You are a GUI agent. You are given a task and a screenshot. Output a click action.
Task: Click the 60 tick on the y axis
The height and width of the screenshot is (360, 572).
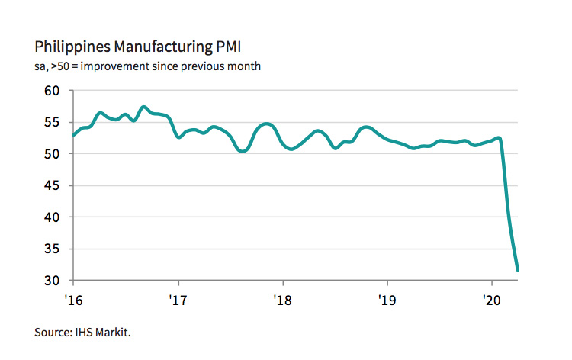pyautogui.click(x=52, y=91)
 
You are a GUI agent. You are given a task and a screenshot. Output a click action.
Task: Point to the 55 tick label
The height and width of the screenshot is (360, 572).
pyautogui.click(x=52, y=122)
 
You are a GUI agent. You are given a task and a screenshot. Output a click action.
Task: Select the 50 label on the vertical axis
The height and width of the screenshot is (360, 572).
pyautogui.click(x=52, y=154)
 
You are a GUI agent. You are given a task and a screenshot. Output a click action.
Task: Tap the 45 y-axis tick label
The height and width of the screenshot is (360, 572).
pyautogui.click(x=52, y=185)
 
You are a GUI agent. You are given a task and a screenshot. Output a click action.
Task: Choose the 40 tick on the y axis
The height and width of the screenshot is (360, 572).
pyautogui.click(x=52, y=217)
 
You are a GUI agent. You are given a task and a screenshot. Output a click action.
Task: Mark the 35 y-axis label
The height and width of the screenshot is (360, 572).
pyautogui.click(x=52, y=249)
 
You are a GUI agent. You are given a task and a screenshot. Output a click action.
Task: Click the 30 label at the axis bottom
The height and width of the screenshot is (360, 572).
pyautogui.click(x=52, y=281)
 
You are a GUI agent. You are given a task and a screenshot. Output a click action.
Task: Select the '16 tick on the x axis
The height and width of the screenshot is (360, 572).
pyautogui.click(x=73, y=300)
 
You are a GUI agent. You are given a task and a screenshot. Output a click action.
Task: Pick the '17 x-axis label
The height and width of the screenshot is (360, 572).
pyautogui.click(x=178, y=300)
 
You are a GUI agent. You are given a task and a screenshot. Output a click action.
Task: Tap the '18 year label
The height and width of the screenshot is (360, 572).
pyautogui.click(x=282, y=300)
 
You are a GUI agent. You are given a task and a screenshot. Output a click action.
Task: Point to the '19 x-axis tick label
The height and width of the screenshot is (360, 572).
pyautogui.click(x=387, y=300)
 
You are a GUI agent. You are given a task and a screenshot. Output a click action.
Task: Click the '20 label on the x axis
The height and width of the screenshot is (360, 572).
pyautogui.click(x=491, y=300)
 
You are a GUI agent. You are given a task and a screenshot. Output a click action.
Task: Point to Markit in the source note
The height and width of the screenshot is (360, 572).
pyautogui.click(x=122, y=332)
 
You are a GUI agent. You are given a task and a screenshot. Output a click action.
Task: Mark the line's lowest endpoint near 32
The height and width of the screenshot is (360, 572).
pyautogui.click(x=518, y=269)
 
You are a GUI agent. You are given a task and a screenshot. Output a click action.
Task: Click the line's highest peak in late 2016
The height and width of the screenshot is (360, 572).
pyautogui.click(x=143, y=107)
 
